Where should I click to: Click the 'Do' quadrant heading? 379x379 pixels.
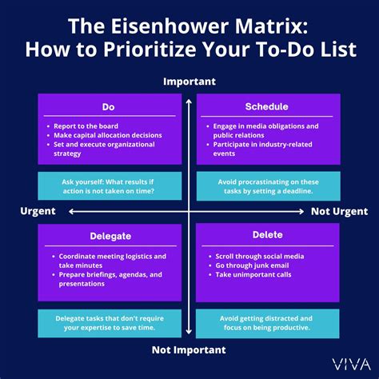(109, 106)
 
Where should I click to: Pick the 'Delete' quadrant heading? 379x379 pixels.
(266, 234)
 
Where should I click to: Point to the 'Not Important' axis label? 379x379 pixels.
(189, 349)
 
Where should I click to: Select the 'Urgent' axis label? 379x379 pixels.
(38, 211)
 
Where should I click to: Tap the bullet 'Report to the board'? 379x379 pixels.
(87, 126)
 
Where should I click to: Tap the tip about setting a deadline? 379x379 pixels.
(266, 186)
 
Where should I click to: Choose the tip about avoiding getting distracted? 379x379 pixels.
(266, 322)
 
